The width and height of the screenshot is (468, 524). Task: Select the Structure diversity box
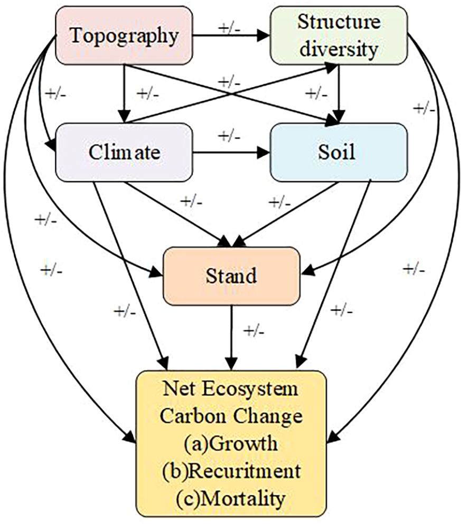338,36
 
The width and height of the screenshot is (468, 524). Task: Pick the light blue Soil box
338,153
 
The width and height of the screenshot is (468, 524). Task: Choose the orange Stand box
231,276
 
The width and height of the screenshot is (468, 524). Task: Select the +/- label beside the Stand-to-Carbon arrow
254,332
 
